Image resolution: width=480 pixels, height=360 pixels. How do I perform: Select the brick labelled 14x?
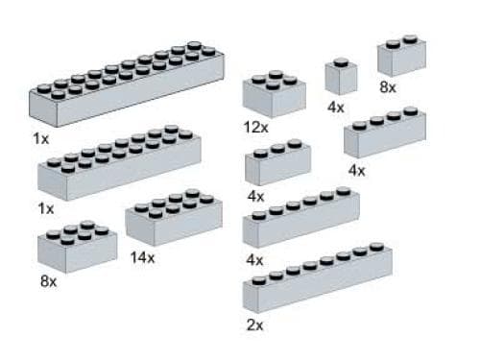(173, 221)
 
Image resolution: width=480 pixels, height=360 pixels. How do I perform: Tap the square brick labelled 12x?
(275, 94)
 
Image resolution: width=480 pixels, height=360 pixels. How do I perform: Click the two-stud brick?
(401, 58)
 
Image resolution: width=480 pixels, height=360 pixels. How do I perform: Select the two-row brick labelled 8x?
(77, 248)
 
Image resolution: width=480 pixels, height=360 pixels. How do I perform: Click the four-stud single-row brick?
(384, 134)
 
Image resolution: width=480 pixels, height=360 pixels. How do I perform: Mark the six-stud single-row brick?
(300, 221)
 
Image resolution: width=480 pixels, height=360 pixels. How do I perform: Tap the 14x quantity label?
(141, 258)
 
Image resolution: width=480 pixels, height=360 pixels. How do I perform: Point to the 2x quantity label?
(254, 325)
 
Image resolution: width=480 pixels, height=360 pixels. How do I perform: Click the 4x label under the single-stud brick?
(335, 108)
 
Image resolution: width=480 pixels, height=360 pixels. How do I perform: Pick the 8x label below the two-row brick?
(49, 282)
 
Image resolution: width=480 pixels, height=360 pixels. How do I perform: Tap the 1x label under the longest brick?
(40, 139)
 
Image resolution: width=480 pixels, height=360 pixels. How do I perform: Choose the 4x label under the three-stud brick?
(254, 197)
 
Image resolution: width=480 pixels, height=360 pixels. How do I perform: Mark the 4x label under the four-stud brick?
(357, 171)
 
